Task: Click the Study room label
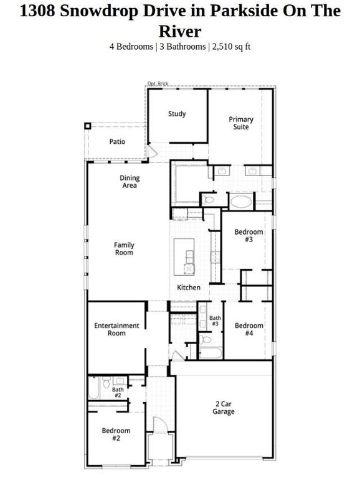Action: pos(178,114)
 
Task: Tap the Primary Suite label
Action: pos(240,123)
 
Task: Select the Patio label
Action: pos(117,142)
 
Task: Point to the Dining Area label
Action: pos(130,182)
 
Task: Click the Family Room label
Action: pos(124,249)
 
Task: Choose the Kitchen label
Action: pos(189,288)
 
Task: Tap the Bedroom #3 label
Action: pos(248,236)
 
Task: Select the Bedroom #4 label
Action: pos(249,329)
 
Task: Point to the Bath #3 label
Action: pos(214,321)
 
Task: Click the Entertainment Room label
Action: pos(116,329)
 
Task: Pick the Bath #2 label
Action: pos(118,393)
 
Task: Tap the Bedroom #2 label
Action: pos(116,434)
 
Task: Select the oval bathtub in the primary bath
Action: pos(241,201)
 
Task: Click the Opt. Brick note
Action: pos(158,84)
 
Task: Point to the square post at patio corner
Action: pos(87,126)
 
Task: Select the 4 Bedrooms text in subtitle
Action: pos(131,46)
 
